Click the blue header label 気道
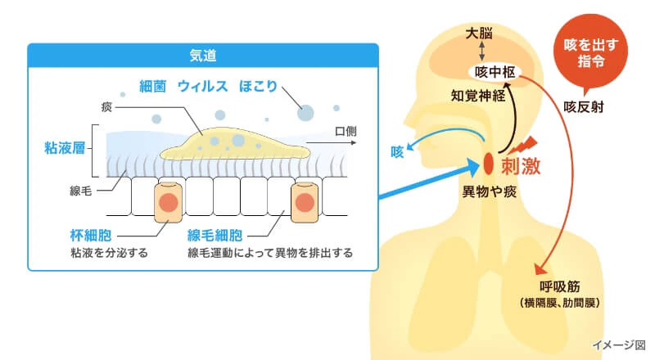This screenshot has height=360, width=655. tap(202, 56)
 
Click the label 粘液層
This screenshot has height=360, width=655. tap(65, 148)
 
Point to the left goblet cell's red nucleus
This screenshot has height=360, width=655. tap(167, 202)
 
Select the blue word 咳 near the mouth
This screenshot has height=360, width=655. tap(398, 151)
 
